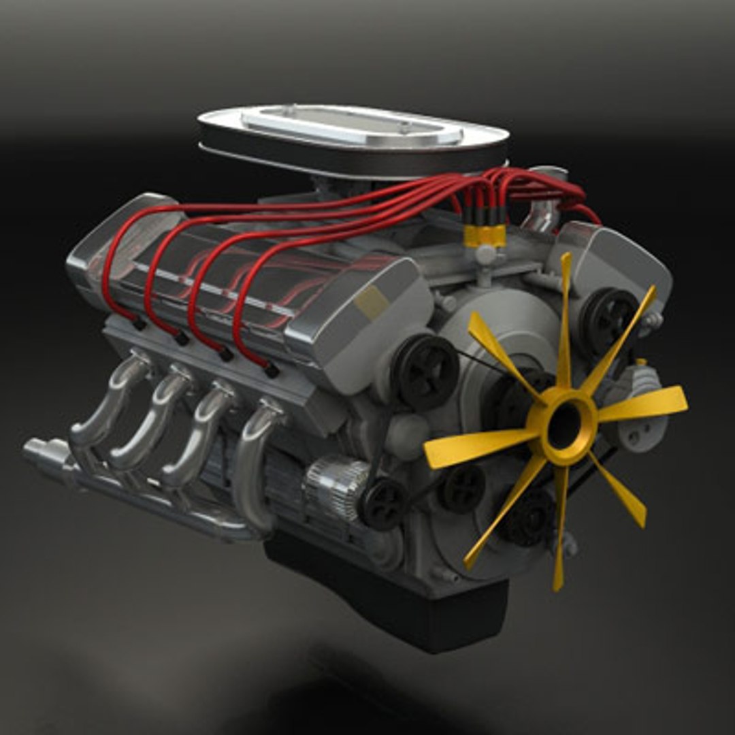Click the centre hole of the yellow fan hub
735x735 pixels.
click(x=563, y=425)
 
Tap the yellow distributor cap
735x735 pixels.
click(x=485, y=235)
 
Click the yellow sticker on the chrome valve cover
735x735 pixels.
click(x=372, y=301)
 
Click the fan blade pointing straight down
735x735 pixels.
click(x=559, y=538)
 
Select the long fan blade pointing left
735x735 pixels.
click(x=470, y=449)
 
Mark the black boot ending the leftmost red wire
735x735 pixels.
click(x=139, y=324)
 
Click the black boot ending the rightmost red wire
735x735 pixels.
click(x=271, y=370)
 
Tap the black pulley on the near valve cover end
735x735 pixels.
click(x=427, y=371)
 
